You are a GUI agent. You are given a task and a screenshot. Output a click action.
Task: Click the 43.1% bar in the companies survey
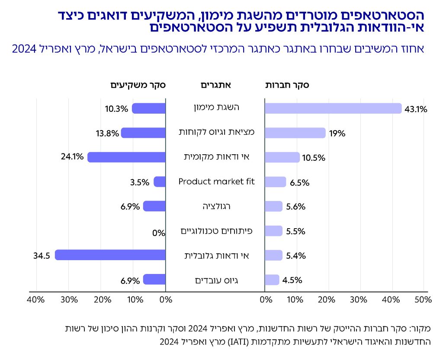(333, 108)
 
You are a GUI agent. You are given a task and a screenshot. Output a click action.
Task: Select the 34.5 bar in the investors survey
(110, 255)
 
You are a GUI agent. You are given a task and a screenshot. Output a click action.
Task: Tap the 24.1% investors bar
(126, 157)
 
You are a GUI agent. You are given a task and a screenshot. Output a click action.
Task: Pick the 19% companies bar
(295, 133)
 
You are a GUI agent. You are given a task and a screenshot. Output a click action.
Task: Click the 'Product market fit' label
(217, 182)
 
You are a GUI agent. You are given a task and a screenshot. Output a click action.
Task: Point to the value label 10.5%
(314, 158)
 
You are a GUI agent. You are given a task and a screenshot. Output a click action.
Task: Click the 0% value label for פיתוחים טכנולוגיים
(159, 233)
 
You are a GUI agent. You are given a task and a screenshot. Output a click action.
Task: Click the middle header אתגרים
(215, 85)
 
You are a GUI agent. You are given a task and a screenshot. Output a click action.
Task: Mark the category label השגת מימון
(217, 108)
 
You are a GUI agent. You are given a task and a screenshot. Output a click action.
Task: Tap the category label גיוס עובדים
(217, 280)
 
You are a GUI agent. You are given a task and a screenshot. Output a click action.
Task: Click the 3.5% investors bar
(160, 182)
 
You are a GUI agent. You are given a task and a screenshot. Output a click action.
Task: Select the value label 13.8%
(107, 134)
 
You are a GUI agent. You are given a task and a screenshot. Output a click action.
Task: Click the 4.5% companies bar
(272, 280)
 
